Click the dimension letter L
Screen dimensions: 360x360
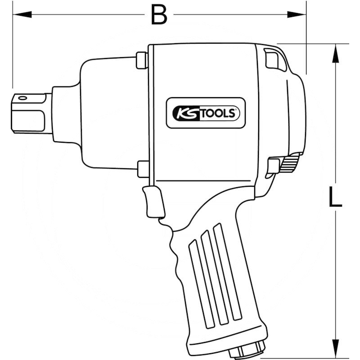335,197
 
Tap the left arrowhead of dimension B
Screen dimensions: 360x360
22,14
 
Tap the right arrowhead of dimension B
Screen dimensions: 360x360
297,14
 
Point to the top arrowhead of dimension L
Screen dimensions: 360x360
336,53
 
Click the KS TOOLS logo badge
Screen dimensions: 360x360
206,113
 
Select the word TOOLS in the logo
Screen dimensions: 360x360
218,114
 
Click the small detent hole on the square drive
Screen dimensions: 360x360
22,98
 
